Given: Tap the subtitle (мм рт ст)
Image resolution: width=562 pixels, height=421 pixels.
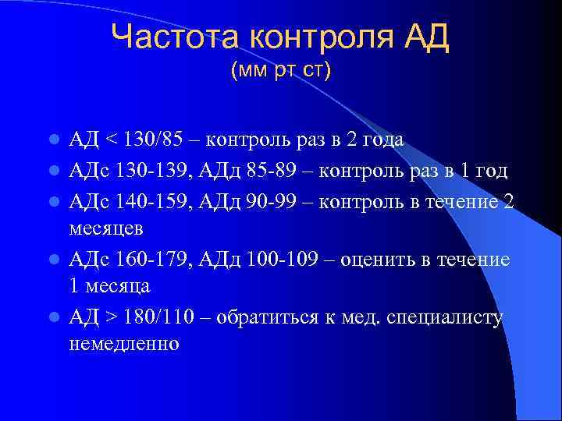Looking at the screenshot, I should (281, 71).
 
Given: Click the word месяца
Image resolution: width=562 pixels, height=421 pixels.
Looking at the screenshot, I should (116, 286).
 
